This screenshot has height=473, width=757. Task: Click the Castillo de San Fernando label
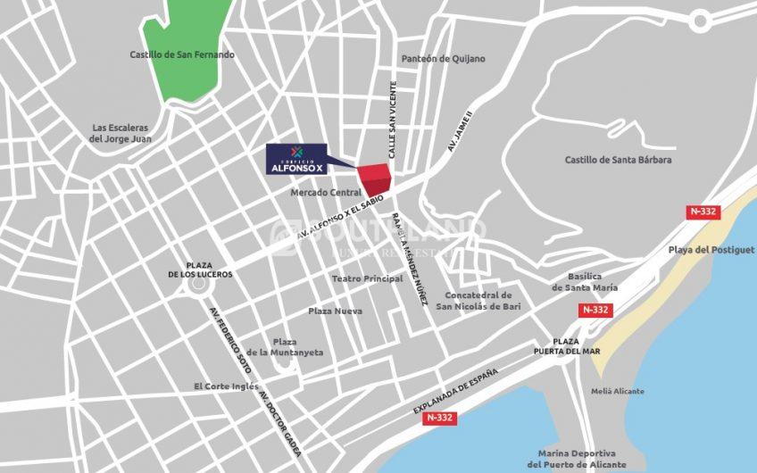(182, 54)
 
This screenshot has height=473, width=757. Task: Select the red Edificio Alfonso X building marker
(375, 179)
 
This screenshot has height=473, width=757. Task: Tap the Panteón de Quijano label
(444, 59)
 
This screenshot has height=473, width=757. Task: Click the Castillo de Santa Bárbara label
(618, 160)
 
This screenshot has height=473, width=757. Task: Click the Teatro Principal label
(367, 278)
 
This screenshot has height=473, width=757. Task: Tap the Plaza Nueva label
(335, 311)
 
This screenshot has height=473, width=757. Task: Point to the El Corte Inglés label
(227, 386)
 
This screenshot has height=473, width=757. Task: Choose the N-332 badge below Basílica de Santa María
(595, 310)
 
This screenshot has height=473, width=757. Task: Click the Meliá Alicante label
(617, 391)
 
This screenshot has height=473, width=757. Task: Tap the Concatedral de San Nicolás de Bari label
(478, 301)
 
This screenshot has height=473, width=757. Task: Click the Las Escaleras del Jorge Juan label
(120, 133)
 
